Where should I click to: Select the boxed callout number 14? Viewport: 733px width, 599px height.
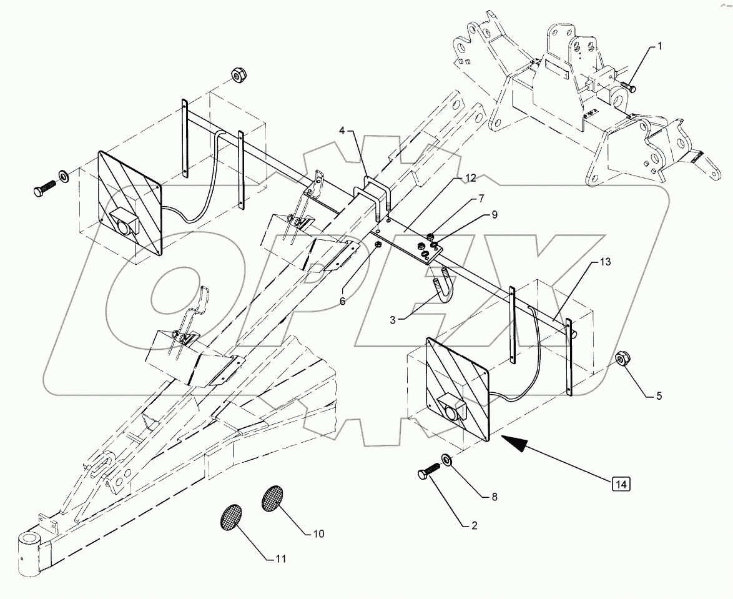click(621, 483)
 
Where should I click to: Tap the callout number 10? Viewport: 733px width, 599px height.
click(318, 533)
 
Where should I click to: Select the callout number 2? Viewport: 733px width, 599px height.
click(473, 526)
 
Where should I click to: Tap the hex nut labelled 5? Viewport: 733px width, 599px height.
click(622, 360)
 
